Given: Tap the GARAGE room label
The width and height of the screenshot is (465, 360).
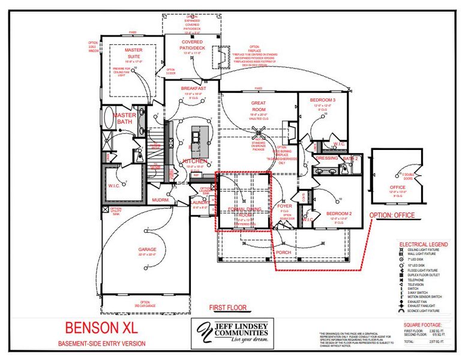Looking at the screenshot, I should pyautogui.click(x=147, y=250).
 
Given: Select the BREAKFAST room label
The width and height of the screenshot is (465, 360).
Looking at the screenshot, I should pyautogui.click(x=194, y=88).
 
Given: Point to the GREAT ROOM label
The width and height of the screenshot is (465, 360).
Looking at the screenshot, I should pyautogui.click(x=258, y=106).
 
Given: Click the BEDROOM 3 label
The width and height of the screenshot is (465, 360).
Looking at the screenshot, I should pyautogui.click(x=323, y=100).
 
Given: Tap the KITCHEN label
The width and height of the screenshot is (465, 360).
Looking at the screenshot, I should pyautogui.click(x=194, y=161).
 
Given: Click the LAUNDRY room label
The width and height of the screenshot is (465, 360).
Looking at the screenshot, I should pyautogui.click(x=199, y=203).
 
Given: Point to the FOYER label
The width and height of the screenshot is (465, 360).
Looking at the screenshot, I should pyautogui.click(x=284, y=206).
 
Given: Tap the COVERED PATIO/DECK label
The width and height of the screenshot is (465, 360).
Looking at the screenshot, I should pyautogui.click(x=193, y=45).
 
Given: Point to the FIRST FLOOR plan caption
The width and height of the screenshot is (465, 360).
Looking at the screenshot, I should pyautogui.click(x=227, y=308).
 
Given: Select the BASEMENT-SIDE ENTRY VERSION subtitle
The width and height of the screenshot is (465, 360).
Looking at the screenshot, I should pyautogui.click(x=101, y=343).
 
